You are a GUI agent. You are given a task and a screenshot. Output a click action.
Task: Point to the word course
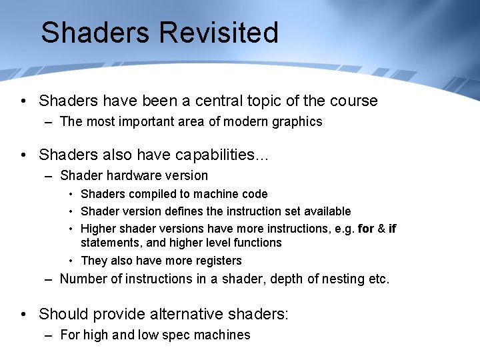[x=353, y=101]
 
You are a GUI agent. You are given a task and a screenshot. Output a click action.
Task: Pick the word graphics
[x=298, y=121]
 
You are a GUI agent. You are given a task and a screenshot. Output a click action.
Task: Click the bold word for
[x=366, y=229]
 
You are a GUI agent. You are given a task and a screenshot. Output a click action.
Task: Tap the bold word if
[x=392, y=229]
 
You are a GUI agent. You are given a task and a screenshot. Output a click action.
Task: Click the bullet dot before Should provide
[x=23, y=314]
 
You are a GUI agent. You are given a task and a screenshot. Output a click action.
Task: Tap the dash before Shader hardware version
[x=49, y=176]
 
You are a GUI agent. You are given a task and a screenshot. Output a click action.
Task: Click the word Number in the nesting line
[x=83, y=279]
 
